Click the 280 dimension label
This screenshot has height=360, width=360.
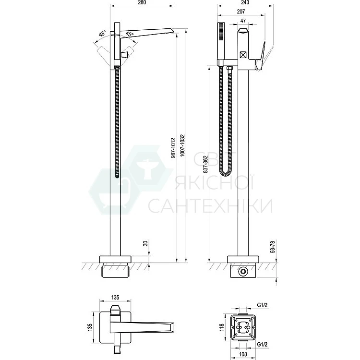(142, 2)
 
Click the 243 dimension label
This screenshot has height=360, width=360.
(245, 2)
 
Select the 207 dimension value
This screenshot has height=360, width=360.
(241, 11)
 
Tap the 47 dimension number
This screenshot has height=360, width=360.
(243, 21)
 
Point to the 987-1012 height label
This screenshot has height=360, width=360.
(174, 148)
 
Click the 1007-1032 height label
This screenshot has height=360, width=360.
(182, 145)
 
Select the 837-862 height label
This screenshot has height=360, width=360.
(205, 164)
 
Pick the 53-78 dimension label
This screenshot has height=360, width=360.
(273, 246)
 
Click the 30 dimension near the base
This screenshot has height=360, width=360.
(145, 243)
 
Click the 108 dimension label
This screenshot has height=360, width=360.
(243, 354)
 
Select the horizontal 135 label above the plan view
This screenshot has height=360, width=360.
(115, 297)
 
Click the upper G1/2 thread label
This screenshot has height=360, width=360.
(262, 305)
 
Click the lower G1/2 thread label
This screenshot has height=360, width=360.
(262, 344)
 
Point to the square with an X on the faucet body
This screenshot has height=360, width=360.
(243, 55)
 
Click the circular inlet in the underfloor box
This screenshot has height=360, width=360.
(243, 272)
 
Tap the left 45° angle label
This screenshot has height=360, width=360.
(103, 34)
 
